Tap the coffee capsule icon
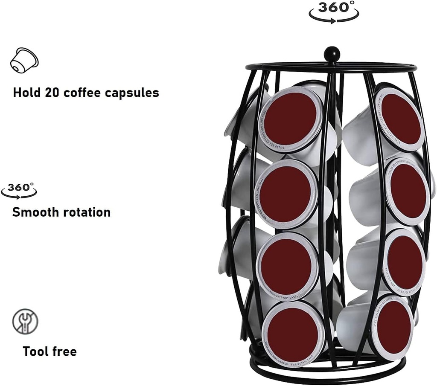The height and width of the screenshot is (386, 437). tap(24, 60)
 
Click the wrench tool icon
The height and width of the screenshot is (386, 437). tap(25, 321)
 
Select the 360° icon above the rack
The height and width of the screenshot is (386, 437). tap(334, 12)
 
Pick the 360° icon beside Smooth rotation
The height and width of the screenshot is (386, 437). tap(19, 191)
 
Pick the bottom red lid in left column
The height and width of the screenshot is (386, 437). tap(294, 333)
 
